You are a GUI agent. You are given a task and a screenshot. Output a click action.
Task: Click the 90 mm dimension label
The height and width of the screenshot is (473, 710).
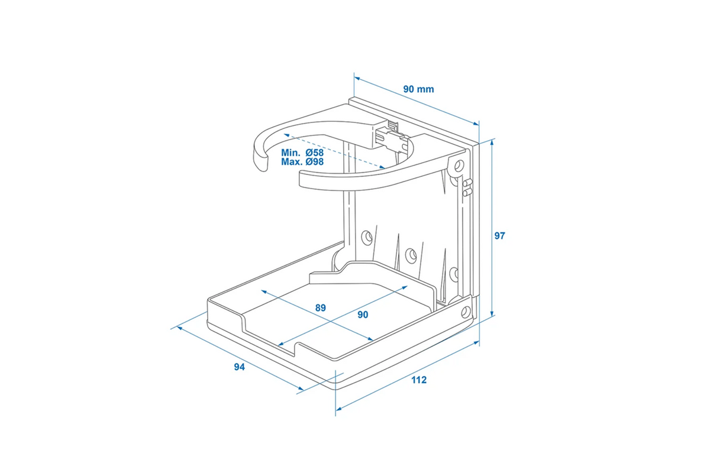click(x=418, y=89)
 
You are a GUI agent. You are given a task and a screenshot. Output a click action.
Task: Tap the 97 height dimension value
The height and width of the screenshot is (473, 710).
click(x=499, y=236)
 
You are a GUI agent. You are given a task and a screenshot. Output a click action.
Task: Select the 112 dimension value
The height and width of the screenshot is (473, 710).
click(x=419, y=380)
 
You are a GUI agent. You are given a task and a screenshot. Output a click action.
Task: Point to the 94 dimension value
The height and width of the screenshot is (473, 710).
click(x=239, y=367)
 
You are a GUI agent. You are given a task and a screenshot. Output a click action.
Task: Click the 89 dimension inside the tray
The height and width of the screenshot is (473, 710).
click(x=321, y=307)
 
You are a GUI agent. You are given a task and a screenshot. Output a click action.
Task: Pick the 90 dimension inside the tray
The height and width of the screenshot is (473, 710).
click(x=363, y=315)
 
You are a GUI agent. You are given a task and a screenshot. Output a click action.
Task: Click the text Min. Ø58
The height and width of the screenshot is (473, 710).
click(x=302, y=153)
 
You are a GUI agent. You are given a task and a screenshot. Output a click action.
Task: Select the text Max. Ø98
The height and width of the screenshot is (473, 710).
click(x=302, y=162)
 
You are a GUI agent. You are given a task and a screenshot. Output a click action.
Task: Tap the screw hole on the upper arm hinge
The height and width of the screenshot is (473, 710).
click(x=459, y=165)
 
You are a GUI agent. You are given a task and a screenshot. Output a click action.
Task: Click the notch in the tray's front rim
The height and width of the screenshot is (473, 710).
click(x=297, y=348)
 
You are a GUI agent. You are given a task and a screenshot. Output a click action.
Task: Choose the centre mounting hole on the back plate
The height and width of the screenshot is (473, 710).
click(x=411, y=254)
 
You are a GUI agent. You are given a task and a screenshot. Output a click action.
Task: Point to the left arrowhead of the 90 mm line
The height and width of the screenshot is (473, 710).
click(x=357, y=78)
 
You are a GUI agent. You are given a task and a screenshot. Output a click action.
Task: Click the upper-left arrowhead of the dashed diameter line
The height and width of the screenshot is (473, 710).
click(x=286, y=135)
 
